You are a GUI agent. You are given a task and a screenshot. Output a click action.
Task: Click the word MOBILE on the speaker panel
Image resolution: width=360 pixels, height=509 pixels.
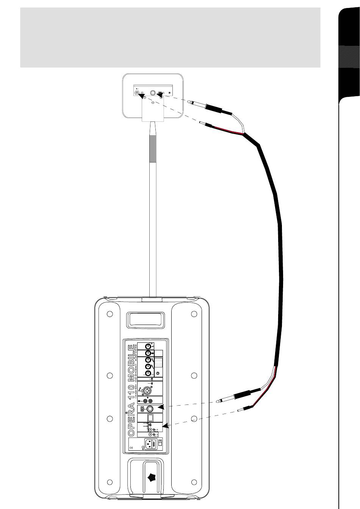[130, 361]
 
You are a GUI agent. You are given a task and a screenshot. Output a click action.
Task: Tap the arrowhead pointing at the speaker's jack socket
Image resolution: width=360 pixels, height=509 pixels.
[161, 408]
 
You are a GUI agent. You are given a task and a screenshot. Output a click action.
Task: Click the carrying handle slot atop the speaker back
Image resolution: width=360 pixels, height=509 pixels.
[147, 319]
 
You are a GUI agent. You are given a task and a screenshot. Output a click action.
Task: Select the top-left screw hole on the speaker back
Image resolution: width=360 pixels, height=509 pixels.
[110, 314]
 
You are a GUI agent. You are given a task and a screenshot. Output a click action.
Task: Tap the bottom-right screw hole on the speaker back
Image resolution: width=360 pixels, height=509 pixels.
[194, 482]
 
